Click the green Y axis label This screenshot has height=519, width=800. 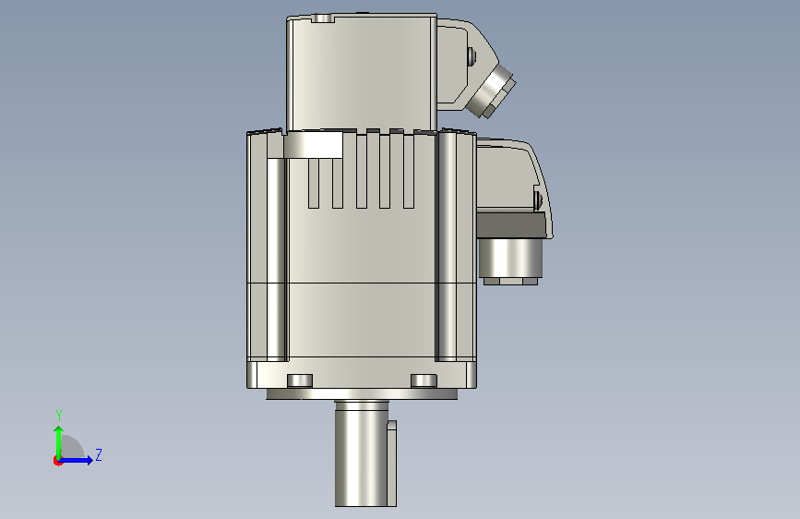click(59, 416)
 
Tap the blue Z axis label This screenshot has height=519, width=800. click(99, 454)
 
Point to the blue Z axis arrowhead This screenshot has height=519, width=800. click(90, 460)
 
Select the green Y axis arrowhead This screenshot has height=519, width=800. click(59, 431)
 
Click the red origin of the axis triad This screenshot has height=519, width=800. click(57, 461)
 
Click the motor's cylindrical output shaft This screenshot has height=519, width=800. click(361, 453)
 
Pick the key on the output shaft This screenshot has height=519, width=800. click(391, 464)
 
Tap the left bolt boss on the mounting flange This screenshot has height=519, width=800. click(300, 380)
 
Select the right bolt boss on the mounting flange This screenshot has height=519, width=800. click(424, 380)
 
